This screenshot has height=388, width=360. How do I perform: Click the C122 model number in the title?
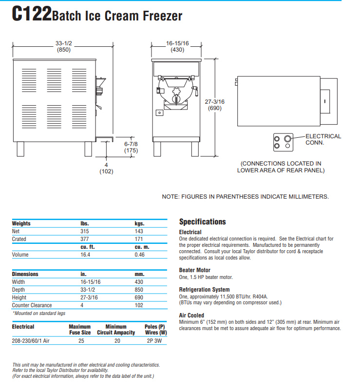coord(31,14)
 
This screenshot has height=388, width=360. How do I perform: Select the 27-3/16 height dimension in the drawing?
coord(215,102)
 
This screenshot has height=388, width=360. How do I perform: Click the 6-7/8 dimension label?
coord(132,144)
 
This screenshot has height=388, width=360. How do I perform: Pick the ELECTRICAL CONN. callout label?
coord(323,140)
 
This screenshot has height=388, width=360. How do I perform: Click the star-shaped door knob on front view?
coord(177,91)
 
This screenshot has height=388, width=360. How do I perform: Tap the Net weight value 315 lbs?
coord(85,231)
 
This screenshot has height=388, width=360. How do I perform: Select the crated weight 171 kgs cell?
coord(139,239)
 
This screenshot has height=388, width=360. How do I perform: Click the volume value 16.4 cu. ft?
coord(85,255)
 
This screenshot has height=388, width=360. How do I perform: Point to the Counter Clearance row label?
coord(32,305)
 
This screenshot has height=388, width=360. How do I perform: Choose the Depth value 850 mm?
coord(139,290)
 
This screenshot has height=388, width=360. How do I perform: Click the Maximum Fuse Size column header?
coord(80,330)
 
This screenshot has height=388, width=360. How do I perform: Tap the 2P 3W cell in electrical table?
coord(155,341)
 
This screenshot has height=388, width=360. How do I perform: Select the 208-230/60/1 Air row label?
coord(31,341)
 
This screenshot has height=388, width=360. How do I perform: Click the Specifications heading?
coord(203,222)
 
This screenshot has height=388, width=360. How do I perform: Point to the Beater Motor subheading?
coord(195,270)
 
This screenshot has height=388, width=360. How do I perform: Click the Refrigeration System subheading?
coord(204,290)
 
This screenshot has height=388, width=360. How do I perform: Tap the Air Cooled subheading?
coord(191,315)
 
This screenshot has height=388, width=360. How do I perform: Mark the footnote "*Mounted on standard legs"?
coord(38,313)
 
